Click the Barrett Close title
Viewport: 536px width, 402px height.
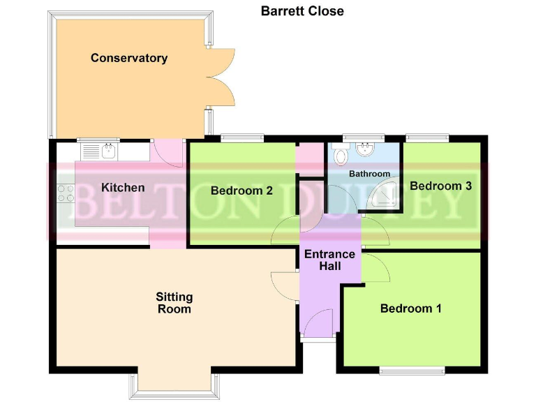point(302,11)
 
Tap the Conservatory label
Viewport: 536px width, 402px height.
point(129,58)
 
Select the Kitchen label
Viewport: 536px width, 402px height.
point(123,187)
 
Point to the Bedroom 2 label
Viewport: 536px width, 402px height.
point(241,190)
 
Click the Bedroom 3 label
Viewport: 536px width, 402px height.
point(440,186)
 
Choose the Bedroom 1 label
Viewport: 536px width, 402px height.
point(410,308)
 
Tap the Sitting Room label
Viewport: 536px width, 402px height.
point(174,303)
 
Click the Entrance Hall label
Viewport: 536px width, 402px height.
point(329,260)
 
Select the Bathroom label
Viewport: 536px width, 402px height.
point(369,174)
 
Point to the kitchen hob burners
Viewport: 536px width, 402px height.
point(66,193)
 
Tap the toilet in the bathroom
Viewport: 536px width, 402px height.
point(339,155)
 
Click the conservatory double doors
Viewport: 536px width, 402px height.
point(222,77)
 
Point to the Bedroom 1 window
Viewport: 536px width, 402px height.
point(412,370)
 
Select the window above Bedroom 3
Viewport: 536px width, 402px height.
point(428,137)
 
